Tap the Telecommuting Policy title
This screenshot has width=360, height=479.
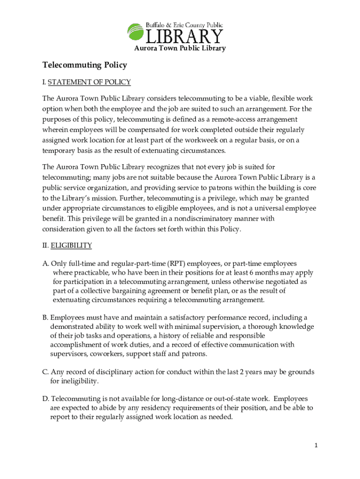click(85, 65)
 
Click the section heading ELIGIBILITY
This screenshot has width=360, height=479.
click(71, 245)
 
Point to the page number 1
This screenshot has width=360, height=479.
click(316, 445)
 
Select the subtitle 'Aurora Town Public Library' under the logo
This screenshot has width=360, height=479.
click(180, 48)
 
